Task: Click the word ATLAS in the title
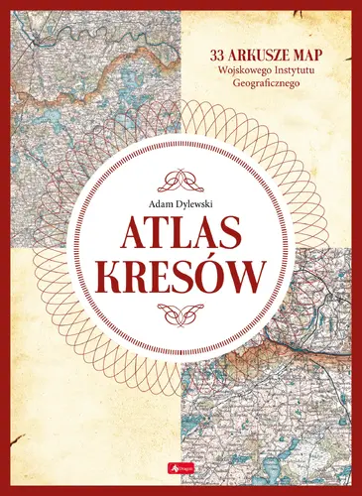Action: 181,240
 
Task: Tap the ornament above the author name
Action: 181,182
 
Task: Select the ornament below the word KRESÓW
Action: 181,320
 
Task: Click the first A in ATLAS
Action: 136,240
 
